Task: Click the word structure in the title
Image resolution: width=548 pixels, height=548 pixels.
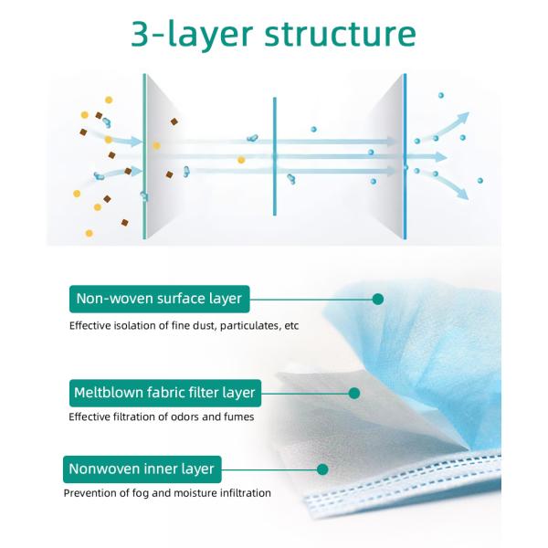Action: (340, 34)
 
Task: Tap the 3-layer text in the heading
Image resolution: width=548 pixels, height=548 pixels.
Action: (192, 36)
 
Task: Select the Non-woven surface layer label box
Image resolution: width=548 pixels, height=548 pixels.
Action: (159, 299)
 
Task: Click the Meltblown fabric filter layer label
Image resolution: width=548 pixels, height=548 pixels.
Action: (165, 393)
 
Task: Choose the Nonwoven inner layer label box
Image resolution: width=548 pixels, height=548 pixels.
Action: (142, 469)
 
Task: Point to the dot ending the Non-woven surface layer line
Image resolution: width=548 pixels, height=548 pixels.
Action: (378, 300)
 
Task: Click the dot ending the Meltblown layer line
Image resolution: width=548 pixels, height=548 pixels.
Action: (354, 393)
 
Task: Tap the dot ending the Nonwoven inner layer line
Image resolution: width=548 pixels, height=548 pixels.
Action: (322, 469)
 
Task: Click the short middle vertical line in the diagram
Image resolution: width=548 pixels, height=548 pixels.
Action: (275, 156)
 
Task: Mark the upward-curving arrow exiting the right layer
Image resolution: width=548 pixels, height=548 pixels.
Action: (447, 125)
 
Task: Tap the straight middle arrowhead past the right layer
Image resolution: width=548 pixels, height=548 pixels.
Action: (441, 157)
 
